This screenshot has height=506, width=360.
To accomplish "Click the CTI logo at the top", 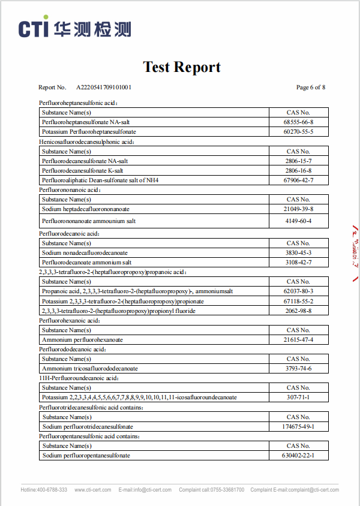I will [x=74, y=28].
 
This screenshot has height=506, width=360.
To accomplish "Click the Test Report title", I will [x=182, y=67].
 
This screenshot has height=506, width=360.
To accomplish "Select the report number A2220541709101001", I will [x=104, y=88].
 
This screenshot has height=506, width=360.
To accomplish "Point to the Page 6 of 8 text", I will [x=311, y=88].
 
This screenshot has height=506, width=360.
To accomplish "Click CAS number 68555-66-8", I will [x=298, y=122].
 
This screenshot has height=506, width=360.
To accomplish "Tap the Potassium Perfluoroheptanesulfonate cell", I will [x=89, y=131].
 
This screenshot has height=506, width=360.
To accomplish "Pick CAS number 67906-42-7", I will [x=298, y=180].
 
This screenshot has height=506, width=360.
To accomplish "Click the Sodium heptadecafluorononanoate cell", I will [x=86, y=209].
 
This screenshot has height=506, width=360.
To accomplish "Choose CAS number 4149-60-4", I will [x=298, y=221].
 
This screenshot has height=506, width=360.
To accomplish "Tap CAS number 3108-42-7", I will [x=298, y=262].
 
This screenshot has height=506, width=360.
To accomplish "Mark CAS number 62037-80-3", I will [x=298, y=291].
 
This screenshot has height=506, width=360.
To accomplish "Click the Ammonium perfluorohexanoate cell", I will [x=82, y=339].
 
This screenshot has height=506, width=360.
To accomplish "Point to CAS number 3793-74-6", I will [x=298, y=368].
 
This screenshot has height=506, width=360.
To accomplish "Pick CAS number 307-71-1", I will [x=298, y=397].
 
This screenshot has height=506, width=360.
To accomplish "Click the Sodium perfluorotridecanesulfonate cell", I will [x=88, y=426].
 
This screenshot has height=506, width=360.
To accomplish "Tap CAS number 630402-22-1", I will [x=298, y=455].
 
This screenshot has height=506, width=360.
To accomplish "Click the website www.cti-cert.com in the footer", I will [x=92, y=490].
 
